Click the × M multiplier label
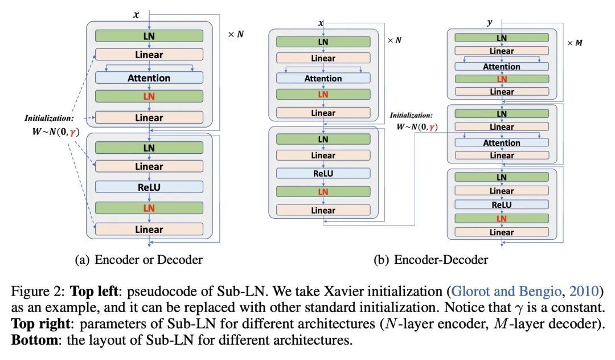[x=575, y=43]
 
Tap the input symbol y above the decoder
[x=489, y=22]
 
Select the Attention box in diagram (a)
[x=149, y=78]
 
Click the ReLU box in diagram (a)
[x=149, y=187]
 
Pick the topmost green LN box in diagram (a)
[x=149, y=36]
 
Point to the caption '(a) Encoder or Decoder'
[x=138, y=260]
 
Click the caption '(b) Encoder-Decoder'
[x=430, y=260]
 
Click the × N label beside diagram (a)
[x=236, y=34]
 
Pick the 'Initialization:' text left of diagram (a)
[x=49, y=118]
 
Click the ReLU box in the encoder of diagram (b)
[x=323, y=173]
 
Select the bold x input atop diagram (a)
[x=136, y=15]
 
